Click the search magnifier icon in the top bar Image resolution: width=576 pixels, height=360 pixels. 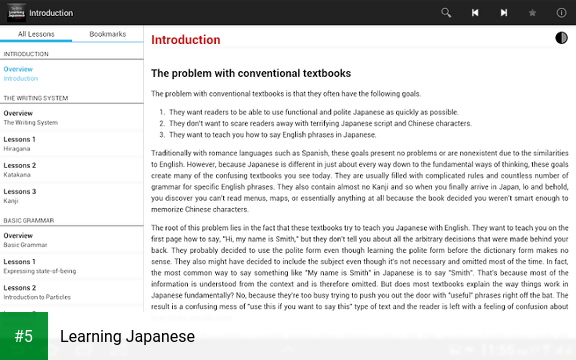446,13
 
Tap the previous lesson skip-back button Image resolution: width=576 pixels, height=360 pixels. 475,13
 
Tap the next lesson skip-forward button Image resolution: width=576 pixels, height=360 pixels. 504,13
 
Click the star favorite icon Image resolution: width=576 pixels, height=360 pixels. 532,13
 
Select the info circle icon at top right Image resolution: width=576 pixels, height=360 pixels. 561,13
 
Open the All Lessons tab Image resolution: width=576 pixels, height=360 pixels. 36,34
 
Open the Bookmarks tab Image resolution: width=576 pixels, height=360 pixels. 108,34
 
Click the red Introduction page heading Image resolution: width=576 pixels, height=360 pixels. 186,40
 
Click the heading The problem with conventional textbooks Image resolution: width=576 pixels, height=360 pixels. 250,73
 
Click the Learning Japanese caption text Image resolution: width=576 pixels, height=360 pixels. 127,337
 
